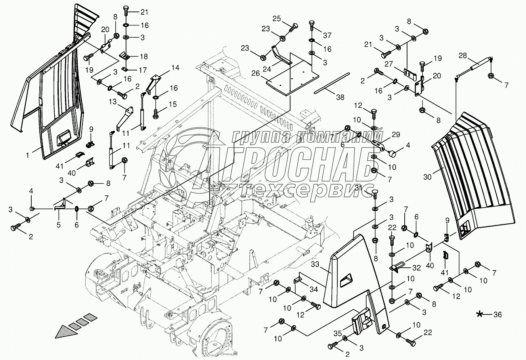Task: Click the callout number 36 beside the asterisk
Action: coord(498,315)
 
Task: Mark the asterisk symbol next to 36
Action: coord(480,315)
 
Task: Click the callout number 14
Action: coord(175,68)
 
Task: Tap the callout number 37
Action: coord(327,35)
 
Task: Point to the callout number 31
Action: coord(359,187)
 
